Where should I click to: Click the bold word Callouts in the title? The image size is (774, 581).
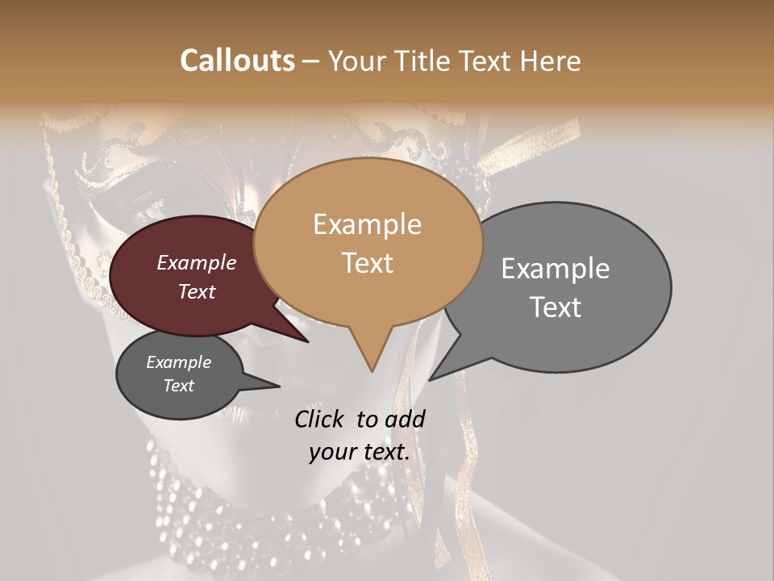pyautogui.click(x=237, y=61)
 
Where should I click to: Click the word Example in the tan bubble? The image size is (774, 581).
pyautogui.click(x=367, y=224)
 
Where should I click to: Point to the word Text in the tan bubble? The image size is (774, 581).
pyautogui.click(x=367, y=263)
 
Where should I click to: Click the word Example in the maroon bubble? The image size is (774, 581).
pyautogui.click(x=197, y=262)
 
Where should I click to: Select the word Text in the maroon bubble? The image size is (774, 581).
pyautogui.click(x=197, y=291)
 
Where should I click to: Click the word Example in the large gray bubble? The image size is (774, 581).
pyautogui.click(x=555, y=268)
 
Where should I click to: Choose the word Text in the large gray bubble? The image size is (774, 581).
pyautogui.click(x=555, y=307)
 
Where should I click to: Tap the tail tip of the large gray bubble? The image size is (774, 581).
pyautogui.click(x=431, y=378)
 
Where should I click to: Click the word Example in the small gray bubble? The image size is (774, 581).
pyautogui.click(x=178, y=362)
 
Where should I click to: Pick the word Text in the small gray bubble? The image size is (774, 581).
pyautogui.click(x=178, y=386)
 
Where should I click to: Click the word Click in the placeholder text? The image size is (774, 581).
pyautogui.click(x=318, y=419)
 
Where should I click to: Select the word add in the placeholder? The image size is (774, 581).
pyautogui.click(x=405, y=419)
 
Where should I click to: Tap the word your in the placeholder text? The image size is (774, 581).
pyautogui.click(x=333, y=452)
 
